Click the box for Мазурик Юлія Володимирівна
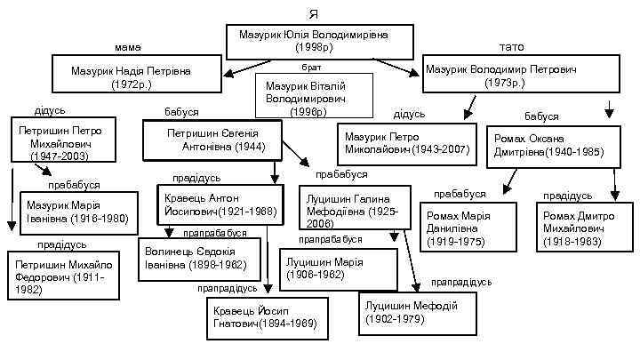[x=326, y=41]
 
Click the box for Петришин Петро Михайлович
[x=60, y=142]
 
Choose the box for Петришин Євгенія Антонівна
[x=212, y=140]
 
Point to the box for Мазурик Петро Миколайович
[x=407, y=145]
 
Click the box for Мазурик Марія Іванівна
[x=76, y=212]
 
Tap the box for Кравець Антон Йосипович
[x=220, y=204]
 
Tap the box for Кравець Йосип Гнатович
[x=257, y=316]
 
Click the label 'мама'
[x=127, y=47]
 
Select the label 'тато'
[x=512, y=47]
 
